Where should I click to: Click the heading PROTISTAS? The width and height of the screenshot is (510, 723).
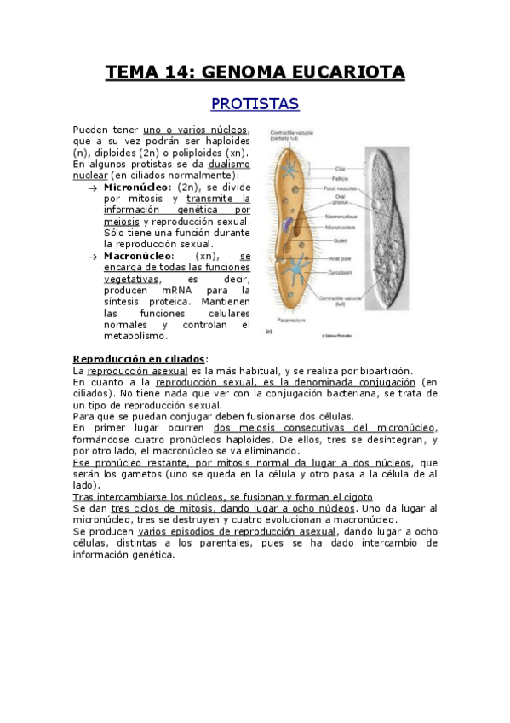click(x=255, y=104)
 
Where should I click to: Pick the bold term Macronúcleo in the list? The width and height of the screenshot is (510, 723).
click(x=139, y=255)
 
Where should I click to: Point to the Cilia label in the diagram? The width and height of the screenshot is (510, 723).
click(x=339, y=168)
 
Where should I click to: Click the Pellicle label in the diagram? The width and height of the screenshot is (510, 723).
click(x=340, y=178)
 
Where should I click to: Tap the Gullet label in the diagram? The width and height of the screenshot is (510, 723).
click(x=337, y=240)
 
